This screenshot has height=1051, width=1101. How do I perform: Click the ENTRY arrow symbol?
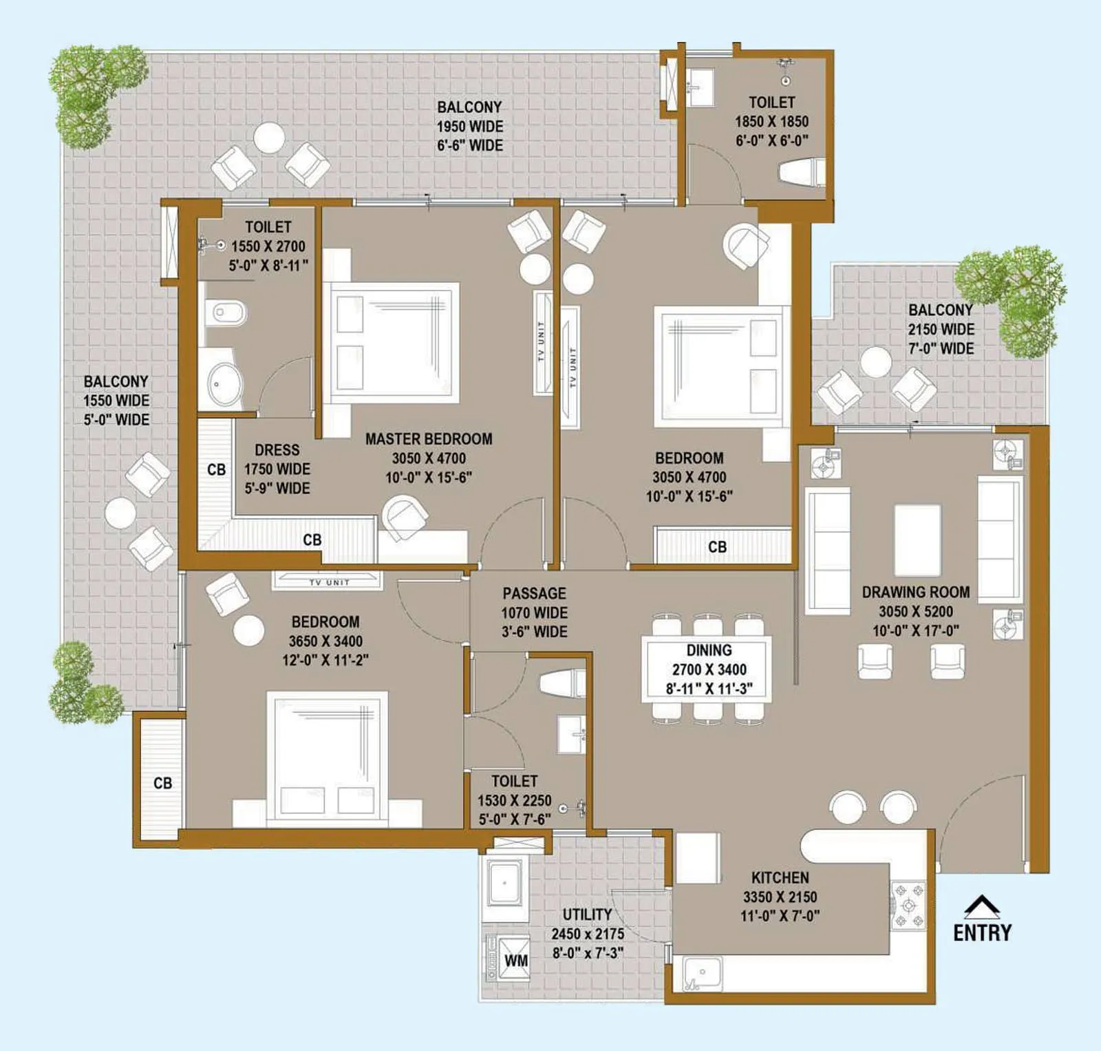981,907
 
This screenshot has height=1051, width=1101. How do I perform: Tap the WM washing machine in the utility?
513,959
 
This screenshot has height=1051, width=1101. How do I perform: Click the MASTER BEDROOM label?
428,439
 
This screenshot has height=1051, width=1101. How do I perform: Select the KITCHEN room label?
780,878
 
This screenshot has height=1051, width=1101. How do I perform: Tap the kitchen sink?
703,973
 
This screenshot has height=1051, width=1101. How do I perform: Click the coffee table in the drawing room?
917,540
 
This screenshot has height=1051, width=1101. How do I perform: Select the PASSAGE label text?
534,593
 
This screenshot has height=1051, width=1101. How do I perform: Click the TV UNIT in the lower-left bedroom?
328,581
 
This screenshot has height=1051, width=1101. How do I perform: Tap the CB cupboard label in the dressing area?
216,469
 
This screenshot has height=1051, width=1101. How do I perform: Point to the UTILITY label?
587,915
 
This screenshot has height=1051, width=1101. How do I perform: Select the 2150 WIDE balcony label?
941,329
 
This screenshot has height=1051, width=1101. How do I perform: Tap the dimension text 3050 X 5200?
915,611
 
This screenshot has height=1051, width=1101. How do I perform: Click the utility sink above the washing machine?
504,883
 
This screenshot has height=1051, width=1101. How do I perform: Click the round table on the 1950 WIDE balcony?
269,138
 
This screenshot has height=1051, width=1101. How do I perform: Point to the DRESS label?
277,450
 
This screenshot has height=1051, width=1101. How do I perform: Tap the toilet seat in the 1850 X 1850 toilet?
800,172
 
